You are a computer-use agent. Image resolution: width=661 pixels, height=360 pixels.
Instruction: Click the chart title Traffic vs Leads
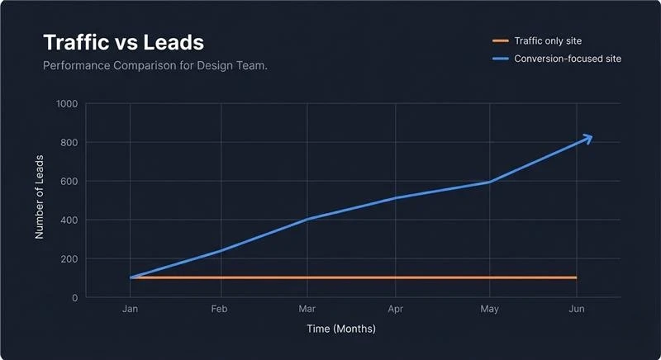click(123, 42)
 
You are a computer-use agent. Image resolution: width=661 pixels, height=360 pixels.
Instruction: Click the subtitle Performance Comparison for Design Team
click(155, 64)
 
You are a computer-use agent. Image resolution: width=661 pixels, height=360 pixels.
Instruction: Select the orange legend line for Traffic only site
click(500, 40)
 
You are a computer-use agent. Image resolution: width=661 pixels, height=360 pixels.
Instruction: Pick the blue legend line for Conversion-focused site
click(500, 59)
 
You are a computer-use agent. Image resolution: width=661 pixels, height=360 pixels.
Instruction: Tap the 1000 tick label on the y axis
click(67, 104)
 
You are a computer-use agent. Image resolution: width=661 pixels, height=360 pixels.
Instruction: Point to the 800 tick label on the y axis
click(69, 143)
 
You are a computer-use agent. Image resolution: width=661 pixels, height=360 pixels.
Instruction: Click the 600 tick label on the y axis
click(69, 182)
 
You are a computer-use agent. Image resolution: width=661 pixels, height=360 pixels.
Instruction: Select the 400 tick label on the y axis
click(69, 220)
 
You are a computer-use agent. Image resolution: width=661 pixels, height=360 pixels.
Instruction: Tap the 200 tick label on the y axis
click(69, 259)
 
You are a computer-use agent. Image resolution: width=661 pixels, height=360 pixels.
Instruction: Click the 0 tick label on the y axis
click(74, 298)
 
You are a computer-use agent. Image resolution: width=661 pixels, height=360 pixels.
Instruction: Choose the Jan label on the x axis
click(130, 309)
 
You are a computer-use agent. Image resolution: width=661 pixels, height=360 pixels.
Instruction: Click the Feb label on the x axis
click(219, 309)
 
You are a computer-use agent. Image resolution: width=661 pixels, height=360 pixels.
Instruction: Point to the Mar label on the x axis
click(307, 309)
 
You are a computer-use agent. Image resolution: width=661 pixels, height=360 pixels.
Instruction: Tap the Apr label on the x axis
click(395, 309)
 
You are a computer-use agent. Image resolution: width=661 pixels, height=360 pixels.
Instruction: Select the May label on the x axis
click(490, 309)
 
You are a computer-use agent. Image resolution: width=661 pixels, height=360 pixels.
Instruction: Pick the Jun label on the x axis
click(577, 309)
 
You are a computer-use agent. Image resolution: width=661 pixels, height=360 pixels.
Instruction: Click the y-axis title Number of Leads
click(39, 201)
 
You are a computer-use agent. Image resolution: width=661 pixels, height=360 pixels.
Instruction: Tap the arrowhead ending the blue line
click(587, 139)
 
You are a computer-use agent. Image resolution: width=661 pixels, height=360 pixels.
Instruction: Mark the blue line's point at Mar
click(307, 219)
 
